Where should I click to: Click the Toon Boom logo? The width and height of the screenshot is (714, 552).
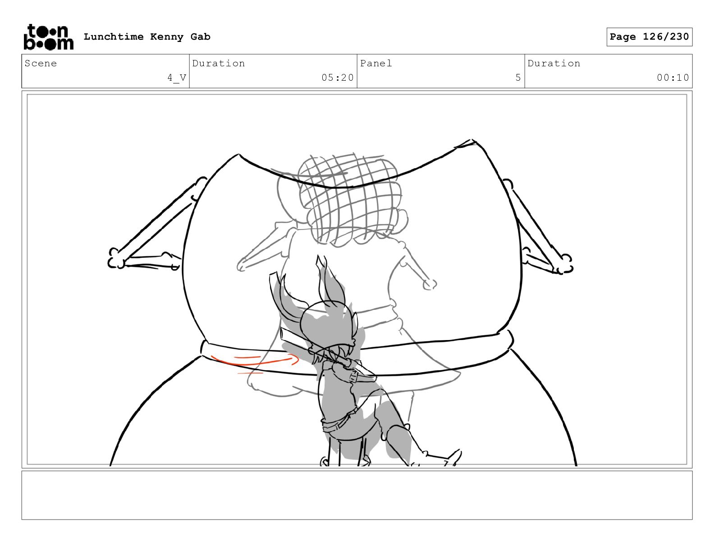coord(49,37)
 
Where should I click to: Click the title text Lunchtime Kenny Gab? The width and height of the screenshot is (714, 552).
coord(147,37)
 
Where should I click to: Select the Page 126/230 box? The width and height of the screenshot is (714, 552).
coord(649,37)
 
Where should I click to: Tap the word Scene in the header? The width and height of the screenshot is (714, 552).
coord(41,63)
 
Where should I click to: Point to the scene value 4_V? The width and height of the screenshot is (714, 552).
coord(177,78)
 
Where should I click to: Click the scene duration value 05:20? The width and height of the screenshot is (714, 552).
coord(338,78)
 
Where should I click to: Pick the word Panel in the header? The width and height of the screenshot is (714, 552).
coord(376,63)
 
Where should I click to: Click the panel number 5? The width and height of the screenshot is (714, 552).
coord(518,78)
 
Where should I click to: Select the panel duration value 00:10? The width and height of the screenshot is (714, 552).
coord(673,78)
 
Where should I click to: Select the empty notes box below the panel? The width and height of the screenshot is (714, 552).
coord(357,495)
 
